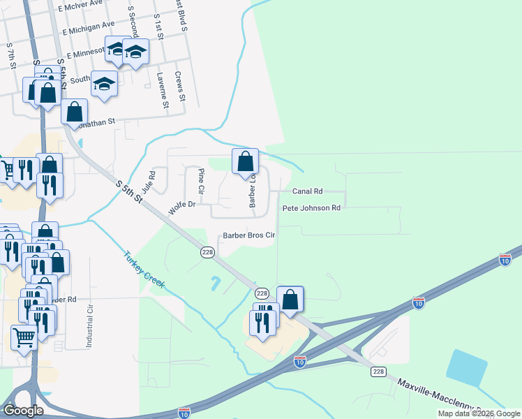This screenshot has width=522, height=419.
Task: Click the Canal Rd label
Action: coord(307,191)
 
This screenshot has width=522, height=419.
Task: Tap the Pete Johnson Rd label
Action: coord(311,208)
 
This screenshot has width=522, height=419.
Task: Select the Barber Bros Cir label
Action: coord(249,235)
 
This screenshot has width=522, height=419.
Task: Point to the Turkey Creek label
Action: coord(144,269)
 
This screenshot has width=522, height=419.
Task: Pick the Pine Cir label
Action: coord(201,181)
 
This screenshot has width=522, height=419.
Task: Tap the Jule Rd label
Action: coord(149,183)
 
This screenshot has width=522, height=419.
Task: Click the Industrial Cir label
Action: coord(89,328)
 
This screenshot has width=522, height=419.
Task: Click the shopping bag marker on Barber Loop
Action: coord(246,162)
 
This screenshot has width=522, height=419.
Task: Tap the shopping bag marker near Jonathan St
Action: coord(74,112)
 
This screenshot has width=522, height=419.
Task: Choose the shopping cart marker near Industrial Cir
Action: coord(24,338)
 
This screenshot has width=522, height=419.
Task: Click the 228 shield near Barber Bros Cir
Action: coord(207,252)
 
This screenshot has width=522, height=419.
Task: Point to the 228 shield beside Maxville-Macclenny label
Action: coord(378,372)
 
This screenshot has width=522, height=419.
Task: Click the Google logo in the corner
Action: coord(23,411)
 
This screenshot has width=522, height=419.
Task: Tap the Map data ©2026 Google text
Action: coord(479,413)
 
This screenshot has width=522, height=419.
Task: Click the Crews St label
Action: coord(179,85)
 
